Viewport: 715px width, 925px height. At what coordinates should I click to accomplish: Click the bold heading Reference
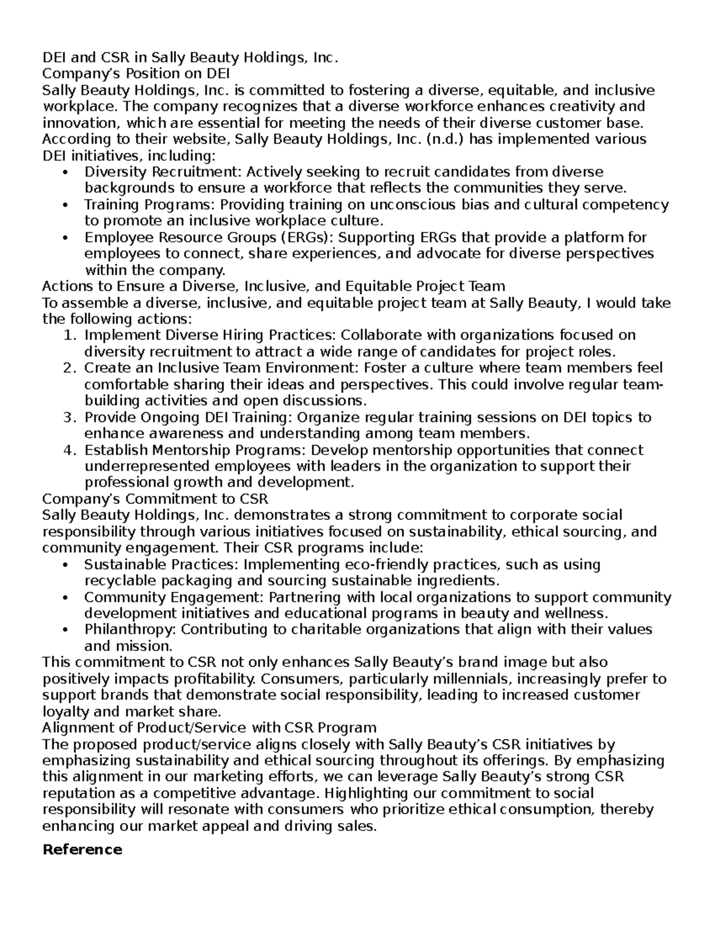click(x=82, y=849)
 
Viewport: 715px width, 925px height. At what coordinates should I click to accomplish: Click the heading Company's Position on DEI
click(x=136, y=74)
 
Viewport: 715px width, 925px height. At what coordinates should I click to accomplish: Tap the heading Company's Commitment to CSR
click(x=156, y=498)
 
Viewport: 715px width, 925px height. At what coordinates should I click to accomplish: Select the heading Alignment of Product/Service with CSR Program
click(x=209, y=727)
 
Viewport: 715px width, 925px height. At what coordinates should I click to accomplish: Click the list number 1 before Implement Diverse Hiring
click(x=69, y=335)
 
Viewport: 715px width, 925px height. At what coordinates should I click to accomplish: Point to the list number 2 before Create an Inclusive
click(x=69, y=368)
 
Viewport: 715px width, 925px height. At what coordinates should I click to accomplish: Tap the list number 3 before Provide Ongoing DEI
click(x=69, y=418)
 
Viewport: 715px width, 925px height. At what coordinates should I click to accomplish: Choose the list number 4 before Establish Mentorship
click(x=69, y=450)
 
